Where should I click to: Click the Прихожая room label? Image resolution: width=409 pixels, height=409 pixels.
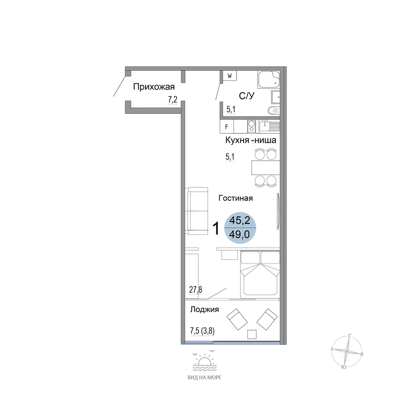pos(154,87)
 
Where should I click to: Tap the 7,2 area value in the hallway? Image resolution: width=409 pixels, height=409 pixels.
pos(173,99)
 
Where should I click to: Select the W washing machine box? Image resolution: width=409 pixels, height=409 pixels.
pos(229,76)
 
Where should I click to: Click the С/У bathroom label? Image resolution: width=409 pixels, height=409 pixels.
pos(247,96)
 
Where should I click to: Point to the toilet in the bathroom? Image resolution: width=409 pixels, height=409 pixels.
pos(274,110)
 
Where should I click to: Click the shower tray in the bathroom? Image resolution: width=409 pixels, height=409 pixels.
pos(269,80)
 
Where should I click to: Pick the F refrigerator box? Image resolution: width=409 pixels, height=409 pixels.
pos(227,127)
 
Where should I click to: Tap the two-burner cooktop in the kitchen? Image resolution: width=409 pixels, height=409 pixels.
pos(252,126)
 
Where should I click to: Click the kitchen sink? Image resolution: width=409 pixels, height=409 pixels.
pos(270,126)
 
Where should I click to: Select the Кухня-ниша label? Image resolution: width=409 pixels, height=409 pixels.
pos(251,140)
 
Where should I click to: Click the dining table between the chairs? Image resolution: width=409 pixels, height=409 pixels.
pos(266,168)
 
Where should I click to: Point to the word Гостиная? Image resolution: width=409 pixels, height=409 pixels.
pos(236,198)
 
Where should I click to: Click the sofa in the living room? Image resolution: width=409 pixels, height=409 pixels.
pos(198,211)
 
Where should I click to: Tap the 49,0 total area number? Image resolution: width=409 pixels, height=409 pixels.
pos(239,235)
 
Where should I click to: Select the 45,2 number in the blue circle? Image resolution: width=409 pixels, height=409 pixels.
pos(240,221)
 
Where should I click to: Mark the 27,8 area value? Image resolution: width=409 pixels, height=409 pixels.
pos(196,290)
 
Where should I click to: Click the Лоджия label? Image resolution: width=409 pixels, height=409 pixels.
pos(204,310)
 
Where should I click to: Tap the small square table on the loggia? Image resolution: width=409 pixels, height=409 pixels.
pos(252,335)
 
